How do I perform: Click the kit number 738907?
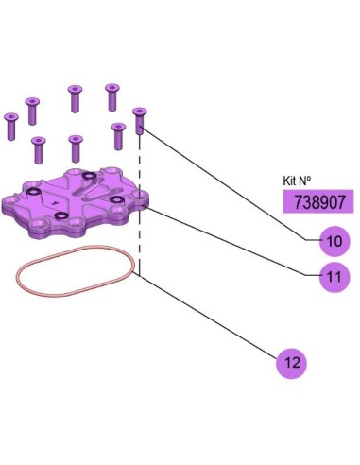[319, 202]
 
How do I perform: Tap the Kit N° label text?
[297, 181]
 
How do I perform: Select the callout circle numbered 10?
[334, 241]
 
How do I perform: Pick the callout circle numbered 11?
[334, 277]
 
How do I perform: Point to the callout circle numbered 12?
[292, 363]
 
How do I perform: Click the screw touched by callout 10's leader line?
[140, 121]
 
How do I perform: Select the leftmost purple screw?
[11, 127]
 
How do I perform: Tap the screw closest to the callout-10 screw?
[118, 136]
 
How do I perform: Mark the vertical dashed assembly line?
[140, 205]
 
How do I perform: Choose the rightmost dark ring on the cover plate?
[117, 199]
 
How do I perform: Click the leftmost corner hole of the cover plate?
[9, 200]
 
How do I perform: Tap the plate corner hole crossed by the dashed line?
[141, 196]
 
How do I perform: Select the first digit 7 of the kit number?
[299, 202]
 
